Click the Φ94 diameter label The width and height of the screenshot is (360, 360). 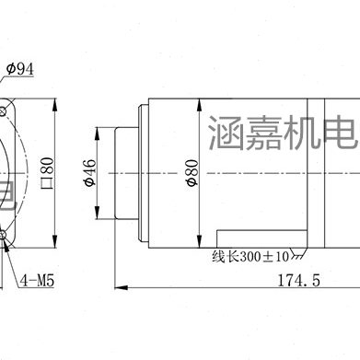tap(19, 69)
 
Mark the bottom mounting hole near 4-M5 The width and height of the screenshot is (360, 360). tap(6, 214)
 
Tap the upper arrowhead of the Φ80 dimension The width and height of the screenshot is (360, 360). tap(201, 99)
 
